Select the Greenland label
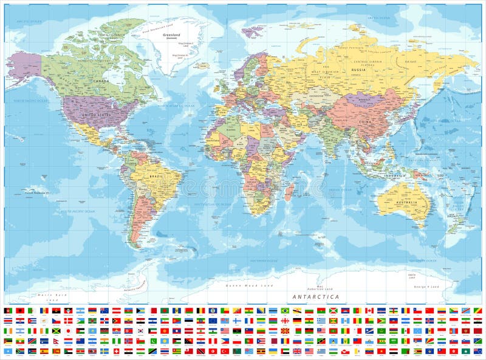pyautogui.click(x=171, y=35)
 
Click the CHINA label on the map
pyautogui.click(x=364, y=121)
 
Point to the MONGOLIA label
pyautogui.click(x=364, y=100)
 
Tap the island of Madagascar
pyautogui.click(x=289, y=193)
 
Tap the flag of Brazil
pyautogui.click(x=286, y=310)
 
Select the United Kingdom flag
pyautogui.click(x=297, y=351)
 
